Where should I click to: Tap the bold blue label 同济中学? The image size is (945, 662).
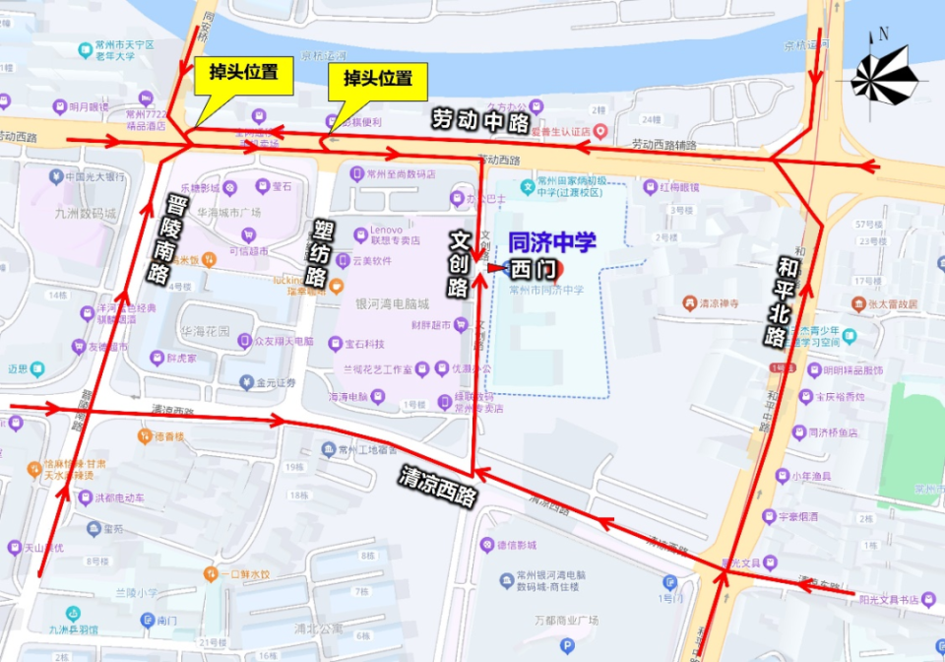(x=552, y=243)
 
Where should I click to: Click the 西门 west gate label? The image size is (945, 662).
(x=539, y=268)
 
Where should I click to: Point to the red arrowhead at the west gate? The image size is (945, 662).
(x=493, y=267)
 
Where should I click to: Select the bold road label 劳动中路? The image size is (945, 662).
(x=481, y=120)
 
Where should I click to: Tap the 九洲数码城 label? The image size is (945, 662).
(x=83, y=213)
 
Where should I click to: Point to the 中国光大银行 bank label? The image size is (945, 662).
(x=94, y=177)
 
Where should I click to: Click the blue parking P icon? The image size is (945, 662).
(x=566, y=646)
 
